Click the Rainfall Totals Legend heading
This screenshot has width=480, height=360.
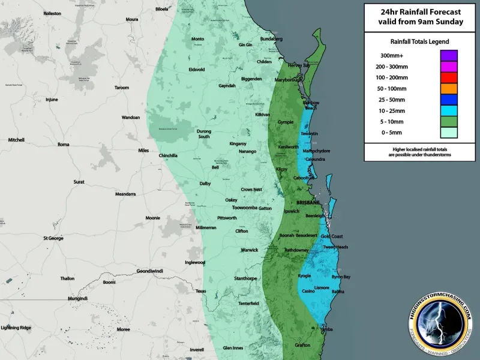[419, 41]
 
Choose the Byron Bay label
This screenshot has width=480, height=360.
[340, 277]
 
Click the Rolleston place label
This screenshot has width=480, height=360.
[52, 13]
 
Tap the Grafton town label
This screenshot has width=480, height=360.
[302, 345]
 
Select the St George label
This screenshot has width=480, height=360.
[53, 238]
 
